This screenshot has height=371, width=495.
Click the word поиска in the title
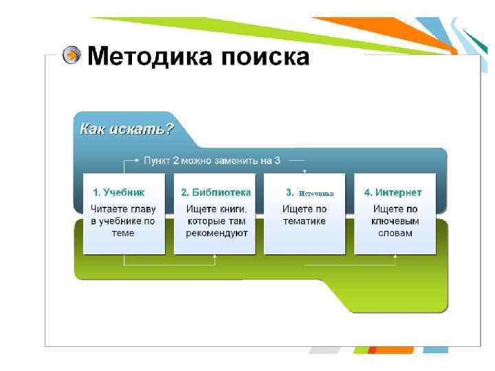click(265, 56)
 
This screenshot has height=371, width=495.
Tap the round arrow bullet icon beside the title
click(71, 56)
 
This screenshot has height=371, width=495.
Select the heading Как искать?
click(126, 128)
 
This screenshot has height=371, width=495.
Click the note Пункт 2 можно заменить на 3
click(212, 161)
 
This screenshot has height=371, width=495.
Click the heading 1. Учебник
click(119, 192)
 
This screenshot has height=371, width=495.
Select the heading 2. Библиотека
click(216, 192)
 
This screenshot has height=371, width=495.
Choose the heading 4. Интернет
click(393, 192)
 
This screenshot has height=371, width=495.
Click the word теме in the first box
click(123, 233)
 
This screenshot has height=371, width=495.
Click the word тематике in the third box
click(304, 221)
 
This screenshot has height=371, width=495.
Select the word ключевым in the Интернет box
click(395, 221)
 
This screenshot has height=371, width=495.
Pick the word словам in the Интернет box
click(395, 233)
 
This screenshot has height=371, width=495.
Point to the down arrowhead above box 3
click(305, 171)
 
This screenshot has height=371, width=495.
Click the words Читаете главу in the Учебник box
click(124, 208)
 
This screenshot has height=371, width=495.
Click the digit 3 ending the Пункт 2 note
click(277, 161)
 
